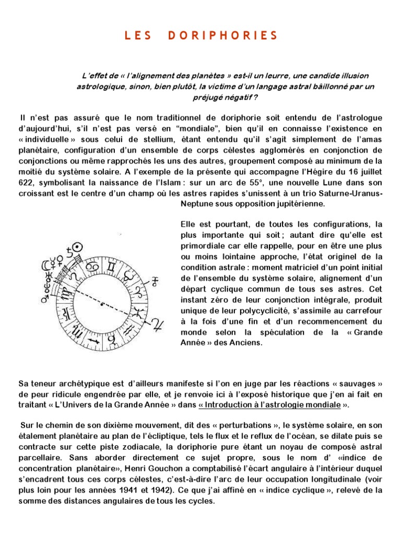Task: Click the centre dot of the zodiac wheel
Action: [x=102, y=304]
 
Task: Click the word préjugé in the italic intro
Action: [x=209, y=97]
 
